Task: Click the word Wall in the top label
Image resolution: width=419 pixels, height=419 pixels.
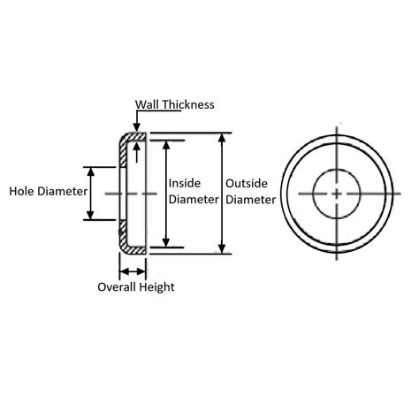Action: (148, 104)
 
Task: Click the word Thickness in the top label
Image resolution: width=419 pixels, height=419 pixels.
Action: (188, 104)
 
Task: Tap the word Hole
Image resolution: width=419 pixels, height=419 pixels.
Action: (22, 191)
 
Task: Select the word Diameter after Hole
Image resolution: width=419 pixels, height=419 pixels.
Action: (63, 191)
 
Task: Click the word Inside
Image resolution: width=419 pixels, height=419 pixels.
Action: (185, 183)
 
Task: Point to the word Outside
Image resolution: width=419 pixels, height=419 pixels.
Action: (247, 184)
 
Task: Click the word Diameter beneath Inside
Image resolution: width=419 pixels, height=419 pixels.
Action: (194, 200)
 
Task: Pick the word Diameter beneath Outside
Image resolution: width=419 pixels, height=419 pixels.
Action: (251, 200)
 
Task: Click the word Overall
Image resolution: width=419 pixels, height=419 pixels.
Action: (117, 287)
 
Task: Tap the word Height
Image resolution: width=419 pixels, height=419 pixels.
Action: (156, 287)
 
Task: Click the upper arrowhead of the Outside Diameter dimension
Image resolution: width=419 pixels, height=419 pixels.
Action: (222, 138)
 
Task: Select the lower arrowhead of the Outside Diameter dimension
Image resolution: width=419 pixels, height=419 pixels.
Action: (222, 248)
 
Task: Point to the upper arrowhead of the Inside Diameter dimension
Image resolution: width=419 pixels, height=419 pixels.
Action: (166, 145)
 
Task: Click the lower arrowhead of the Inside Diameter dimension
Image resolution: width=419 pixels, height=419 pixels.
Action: (166, 242)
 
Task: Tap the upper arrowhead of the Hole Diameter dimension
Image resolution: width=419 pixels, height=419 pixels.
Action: (91, 171)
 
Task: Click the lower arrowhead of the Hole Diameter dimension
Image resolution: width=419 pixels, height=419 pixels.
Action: (91, 215)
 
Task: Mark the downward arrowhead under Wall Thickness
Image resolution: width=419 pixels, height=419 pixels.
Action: (136, 127)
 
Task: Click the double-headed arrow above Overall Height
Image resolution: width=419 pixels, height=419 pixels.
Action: (133, 271)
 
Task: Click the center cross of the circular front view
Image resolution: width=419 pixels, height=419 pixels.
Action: (337, 194)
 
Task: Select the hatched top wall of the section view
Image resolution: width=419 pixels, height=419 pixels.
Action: (135, 137)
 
